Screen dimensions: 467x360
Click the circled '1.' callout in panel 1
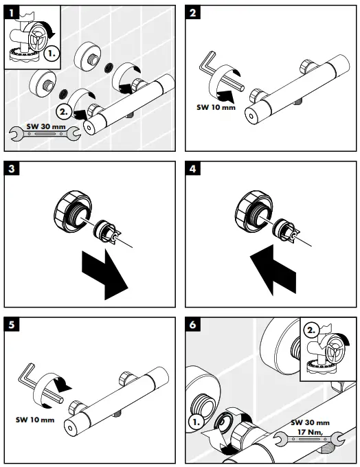pyautogui.click(x=50, y=51)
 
